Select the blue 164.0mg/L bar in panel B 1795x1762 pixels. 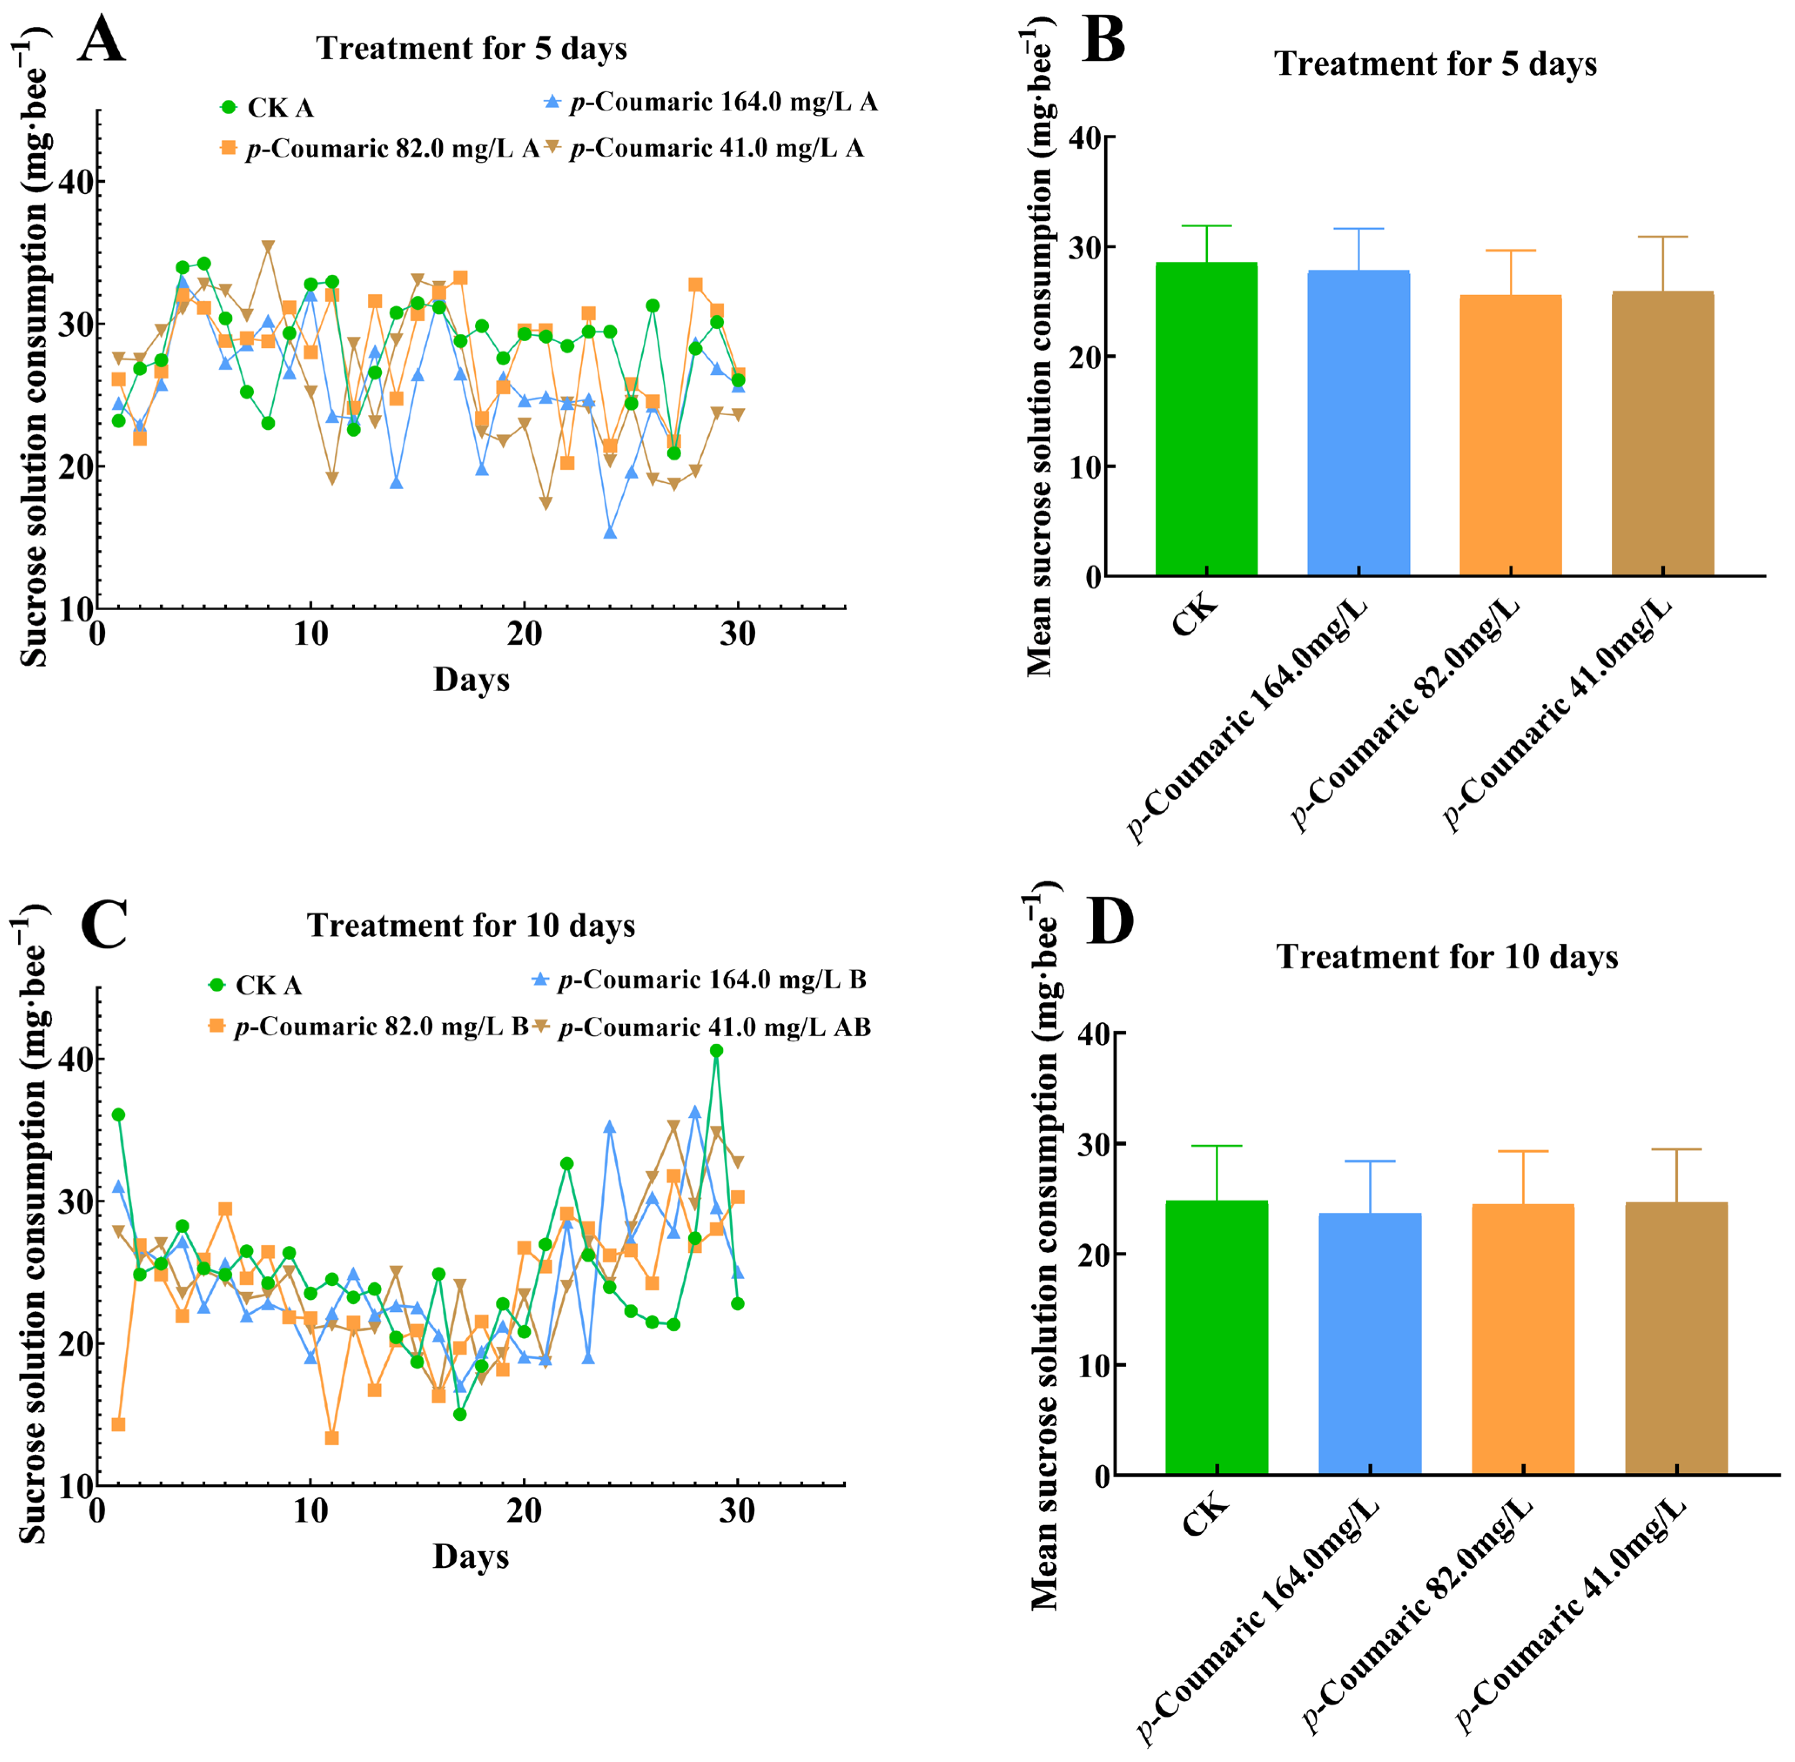click(x=1358, y=423)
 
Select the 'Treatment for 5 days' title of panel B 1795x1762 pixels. click(x=1435, y=64)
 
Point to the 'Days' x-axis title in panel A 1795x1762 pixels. click(x=471, y=680)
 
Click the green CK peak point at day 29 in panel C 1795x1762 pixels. click(x=716, y=1050)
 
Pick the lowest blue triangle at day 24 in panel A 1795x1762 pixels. click(x=610, y=532)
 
